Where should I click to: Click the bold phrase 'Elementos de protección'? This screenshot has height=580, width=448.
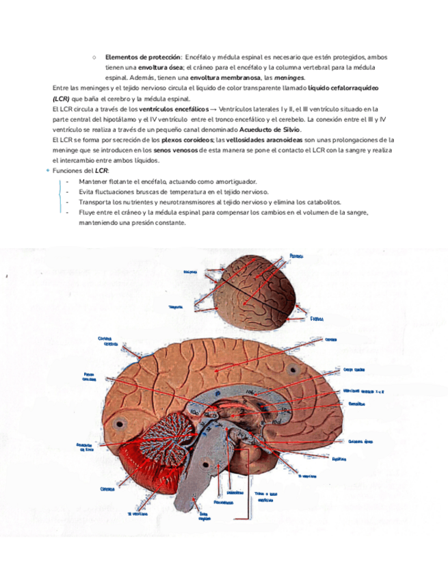pyautogui.click(x=142, y=56)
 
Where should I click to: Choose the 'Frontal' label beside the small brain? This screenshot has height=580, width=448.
pyautogui.click(x=316, y=318)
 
